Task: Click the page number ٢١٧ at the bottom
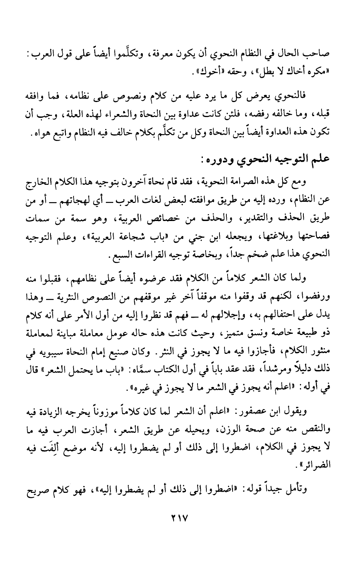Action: tap(179, 519)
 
